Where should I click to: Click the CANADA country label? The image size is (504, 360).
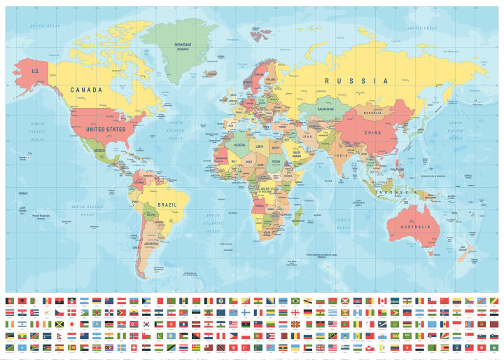[86, 90]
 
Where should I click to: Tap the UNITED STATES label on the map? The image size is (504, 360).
[105, 129]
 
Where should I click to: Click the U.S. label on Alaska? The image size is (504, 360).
[34, 71]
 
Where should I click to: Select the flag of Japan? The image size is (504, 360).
[71, 324]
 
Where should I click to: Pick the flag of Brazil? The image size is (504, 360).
[295, 300]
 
